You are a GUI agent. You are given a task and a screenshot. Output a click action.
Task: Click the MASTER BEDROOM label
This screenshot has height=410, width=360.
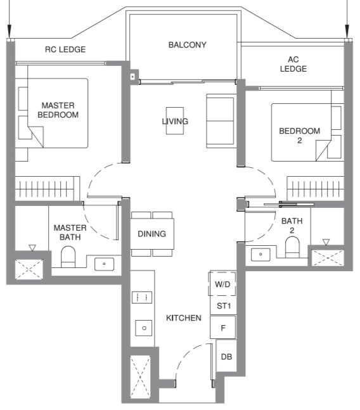[x=58, y=110]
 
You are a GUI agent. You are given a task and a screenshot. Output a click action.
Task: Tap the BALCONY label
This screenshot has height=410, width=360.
[x=187, y=45]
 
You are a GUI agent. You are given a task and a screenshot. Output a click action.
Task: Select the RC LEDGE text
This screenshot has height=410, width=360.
[x=65, y=49]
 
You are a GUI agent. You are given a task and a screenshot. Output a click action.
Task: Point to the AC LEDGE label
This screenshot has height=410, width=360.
[x=293, y=63]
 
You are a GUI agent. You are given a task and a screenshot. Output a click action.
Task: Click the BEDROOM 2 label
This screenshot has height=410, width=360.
[x=299, y=136]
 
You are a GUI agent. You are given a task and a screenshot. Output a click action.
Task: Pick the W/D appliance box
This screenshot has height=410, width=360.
[x=222, y=285]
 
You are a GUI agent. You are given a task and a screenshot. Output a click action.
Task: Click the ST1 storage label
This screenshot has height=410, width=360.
[x=222, y=306]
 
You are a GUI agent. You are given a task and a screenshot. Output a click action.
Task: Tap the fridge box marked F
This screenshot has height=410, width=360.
[x=222, y=328]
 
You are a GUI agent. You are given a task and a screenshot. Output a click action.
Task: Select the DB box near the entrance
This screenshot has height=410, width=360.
[x=226, y=357]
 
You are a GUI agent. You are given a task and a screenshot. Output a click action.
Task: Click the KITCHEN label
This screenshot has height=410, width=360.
[x=183, y=317]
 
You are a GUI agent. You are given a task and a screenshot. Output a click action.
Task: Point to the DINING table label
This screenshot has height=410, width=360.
[x=151, y=234]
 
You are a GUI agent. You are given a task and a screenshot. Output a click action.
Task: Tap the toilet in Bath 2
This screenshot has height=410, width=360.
[x=292, y=248]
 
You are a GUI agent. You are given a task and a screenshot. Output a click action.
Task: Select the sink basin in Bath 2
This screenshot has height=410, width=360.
[x=260, y=254]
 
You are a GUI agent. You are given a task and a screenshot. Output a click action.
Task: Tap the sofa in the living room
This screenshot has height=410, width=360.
[x=220, y=120]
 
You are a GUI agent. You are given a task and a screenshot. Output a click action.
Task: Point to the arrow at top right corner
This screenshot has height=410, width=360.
[x=347, y=25]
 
